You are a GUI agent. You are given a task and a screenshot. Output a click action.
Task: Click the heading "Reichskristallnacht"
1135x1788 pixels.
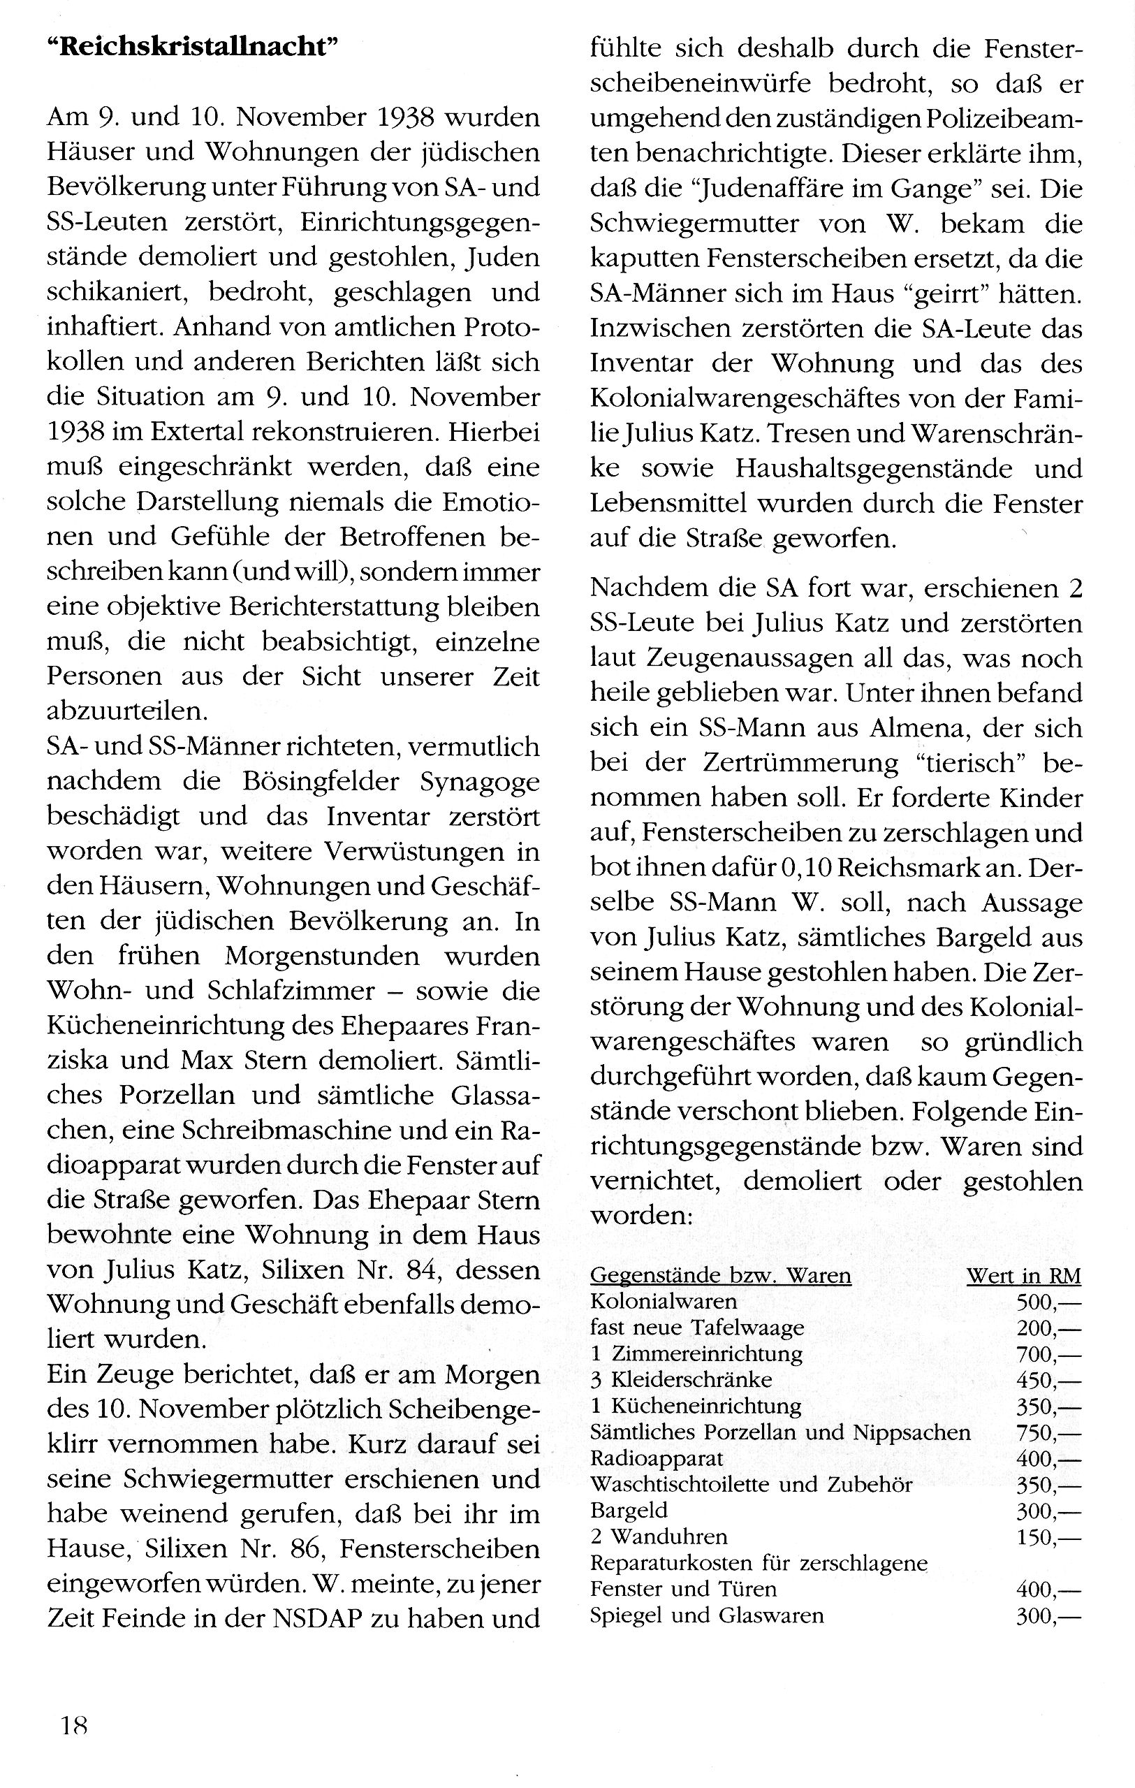[191, 48]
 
